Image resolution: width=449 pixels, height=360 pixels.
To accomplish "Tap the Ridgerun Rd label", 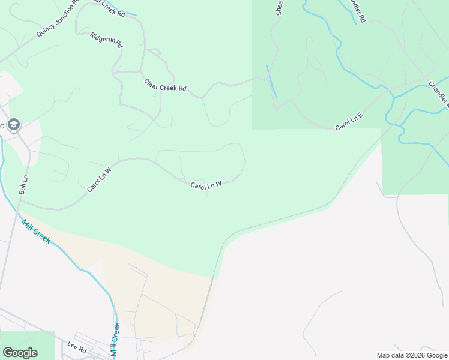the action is click(106, 40).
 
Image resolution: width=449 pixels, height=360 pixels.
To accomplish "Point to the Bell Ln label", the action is click(23, 184).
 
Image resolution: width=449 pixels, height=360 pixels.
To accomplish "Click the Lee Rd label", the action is click(77, 346).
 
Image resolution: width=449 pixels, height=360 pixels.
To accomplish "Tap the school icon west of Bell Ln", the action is click(14, 125).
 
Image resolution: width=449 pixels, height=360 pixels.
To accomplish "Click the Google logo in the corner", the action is click(20, 353).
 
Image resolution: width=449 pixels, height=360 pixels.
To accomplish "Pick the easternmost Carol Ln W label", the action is click(206, 185).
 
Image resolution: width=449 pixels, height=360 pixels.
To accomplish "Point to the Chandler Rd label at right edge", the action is click(439, 93).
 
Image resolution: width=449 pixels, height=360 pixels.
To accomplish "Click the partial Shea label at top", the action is click(279, 7).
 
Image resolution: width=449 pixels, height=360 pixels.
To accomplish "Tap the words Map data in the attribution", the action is click(390, 355).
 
